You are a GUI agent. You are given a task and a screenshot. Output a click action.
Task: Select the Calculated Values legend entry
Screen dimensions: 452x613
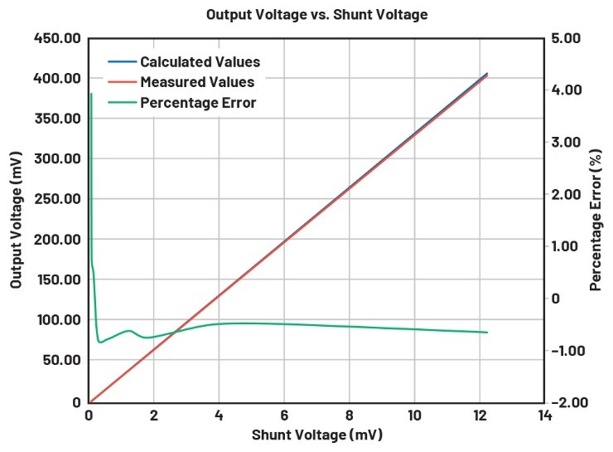coord(200,62)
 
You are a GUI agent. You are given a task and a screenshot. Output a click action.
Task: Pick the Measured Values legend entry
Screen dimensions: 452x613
coord(197,83)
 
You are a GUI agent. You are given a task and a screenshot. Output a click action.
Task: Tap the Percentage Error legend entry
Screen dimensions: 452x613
coord(198,103)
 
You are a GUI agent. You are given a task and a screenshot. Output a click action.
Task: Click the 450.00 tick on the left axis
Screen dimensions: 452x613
coord(58,38)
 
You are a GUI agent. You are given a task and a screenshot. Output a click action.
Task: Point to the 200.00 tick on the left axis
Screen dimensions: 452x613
coord(58,240)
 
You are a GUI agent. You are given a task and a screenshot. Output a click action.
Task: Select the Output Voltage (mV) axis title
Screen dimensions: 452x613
coord(17,220)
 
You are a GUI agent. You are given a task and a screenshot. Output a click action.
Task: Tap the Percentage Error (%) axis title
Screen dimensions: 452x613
coord(596,220)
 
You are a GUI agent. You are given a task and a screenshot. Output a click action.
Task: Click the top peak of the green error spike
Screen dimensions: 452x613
coord(91,95)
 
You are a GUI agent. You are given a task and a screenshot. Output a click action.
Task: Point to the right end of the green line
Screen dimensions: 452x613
coord(487,333)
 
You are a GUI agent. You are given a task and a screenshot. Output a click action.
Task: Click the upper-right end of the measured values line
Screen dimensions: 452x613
coord(487,75)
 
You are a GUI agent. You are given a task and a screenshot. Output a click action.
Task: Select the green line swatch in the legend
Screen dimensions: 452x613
coord(122,103)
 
